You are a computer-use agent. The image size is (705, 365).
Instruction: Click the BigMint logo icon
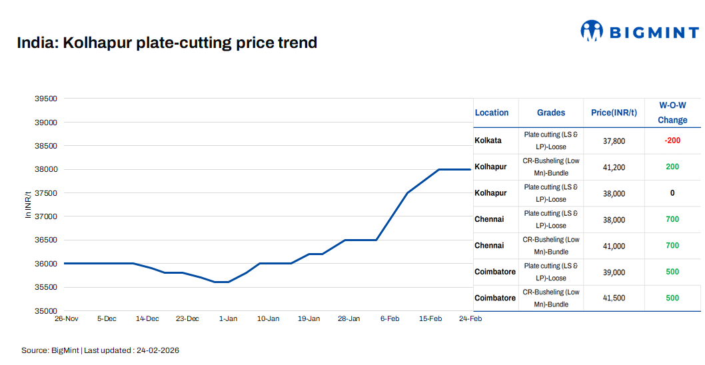591,31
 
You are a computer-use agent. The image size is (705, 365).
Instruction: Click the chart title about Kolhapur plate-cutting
167,43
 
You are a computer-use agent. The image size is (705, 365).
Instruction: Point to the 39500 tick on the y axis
46,99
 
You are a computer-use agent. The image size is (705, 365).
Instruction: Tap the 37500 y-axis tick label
46,193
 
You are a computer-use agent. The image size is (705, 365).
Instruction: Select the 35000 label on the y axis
46,311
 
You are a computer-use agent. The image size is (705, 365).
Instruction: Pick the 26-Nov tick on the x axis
66,319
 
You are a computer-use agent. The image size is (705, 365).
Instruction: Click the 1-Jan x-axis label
228,319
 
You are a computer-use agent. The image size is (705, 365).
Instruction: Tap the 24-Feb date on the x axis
470,319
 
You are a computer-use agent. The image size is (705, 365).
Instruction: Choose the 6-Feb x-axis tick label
390,319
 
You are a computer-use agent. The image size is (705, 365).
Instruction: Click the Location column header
492,113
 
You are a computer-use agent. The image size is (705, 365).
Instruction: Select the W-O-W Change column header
672,113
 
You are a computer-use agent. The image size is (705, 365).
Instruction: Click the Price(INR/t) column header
614,113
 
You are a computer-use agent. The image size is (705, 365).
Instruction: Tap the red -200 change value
672,141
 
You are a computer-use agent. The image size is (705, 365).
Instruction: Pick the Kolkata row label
488,141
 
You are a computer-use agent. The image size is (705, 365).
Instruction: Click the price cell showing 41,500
614,298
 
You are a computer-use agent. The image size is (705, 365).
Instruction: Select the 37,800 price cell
614,141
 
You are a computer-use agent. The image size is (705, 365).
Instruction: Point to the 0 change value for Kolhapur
672,193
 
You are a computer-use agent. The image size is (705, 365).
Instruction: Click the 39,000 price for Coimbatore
614,272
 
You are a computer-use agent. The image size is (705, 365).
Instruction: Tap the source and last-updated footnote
100,350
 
